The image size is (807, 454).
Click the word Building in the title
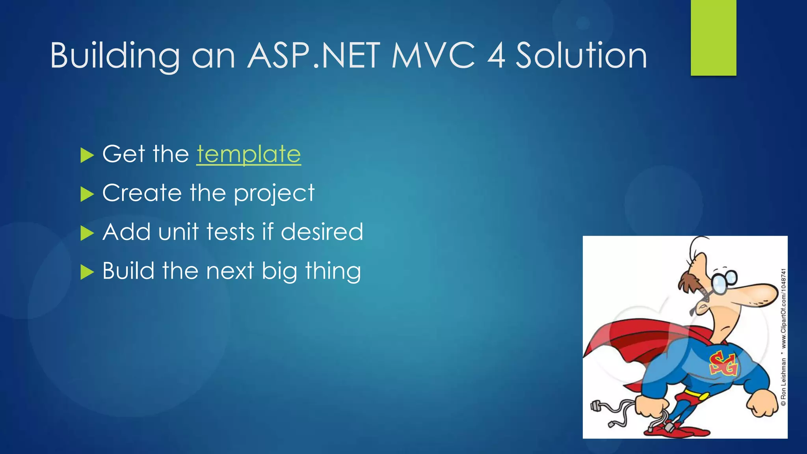click(x=114, y=56)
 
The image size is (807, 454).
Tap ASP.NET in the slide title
click(x=314, y=56)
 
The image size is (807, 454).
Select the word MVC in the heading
click(x=433, y=56)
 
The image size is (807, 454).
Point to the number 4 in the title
click(x=496, y=56)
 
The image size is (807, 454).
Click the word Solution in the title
click(x=581, y=56)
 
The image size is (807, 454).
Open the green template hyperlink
click(x=249, y=154)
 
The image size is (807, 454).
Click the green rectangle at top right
click(x=713, y=37)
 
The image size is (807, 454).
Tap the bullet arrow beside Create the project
click(x=87, y=194)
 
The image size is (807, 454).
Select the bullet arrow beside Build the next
click(x=87, y=272)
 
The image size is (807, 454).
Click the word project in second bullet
click(x=274, y=194)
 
